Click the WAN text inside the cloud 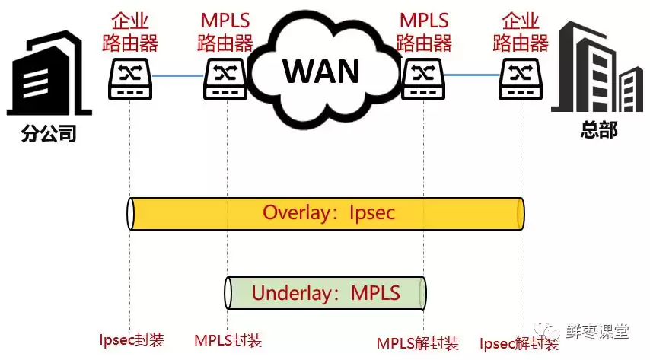(321, 71)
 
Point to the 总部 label (598, 130)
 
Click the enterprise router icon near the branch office (129, 78)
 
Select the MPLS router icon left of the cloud (225, 78)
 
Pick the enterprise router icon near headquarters (521, 78)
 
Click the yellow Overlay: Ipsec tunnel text (329, 212)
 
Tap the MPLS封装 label (228, 340)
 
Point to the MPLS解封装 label (418, 342)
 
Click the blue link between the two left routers (177, 76)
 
